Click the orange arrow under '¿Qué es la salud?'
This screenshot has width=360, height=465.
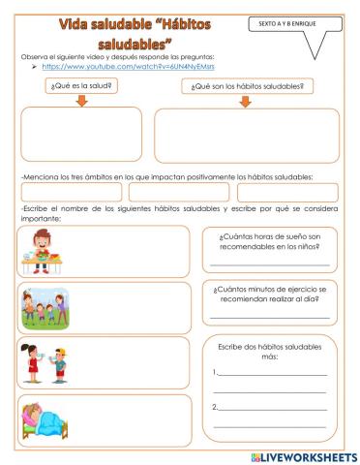82,101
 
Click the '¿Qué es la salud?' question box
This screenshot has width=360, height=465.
82,85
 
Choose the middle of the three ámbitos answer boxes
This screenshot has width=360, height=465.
179,192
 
